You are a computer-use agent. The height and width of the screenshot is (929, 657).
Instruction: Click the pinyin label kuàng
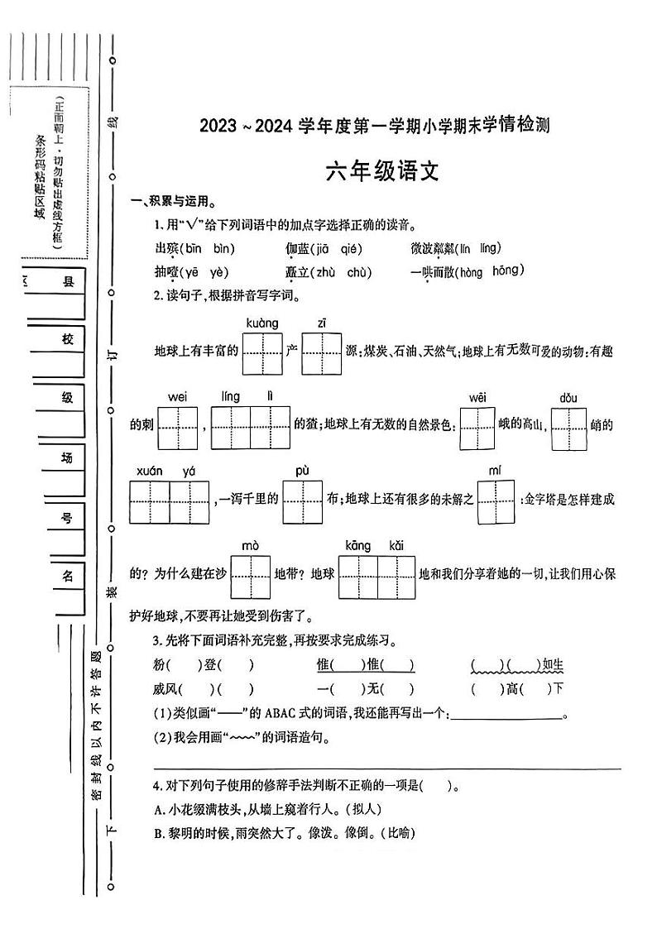tap(261, 323)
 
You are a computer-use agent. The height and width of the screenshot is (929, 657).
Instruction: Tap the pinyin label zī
tap(322, 323)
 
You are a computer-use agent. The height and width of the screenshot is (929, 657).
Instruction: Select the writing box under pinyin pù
tap(302, 501)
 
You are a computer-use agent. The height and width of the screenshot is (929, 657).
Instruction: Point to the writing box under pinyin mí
tap(496, 501)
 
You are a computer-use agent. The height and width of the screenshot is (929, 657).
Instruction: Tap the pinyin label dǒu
tap(568, 397)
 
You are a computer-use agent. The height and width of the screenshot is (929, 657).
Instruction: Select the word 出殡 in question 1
tap(165, 248)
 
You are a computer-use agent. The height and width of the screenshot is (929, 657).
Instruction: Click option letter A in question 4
tap(158, 810)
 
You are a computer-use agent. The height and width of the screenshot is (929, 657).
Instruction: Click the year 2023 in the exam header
tap(218, 126)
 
